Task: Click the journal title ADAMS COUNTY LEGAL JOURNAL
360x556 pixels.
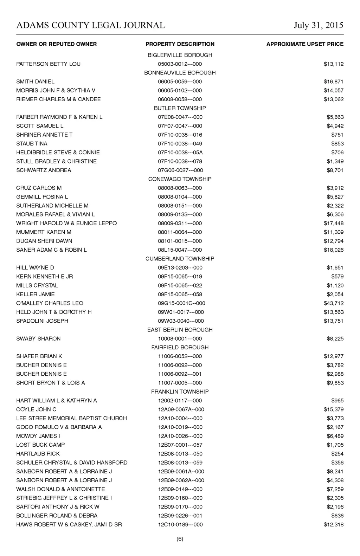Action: point(90,25)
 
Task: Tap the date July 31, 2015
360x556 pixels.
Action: point(319,25)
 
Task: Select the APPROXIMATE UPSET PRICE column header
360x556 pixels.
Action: point(305,44)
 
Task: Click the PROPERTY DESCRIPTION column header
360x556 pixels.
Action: point(180,44)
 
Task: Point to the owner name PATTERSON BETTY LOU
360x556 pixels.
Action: point(48,64)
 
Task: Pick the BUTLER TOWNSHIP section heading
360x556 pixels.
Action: point(180,108)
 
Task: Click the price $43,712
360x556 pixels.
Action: point(334,303)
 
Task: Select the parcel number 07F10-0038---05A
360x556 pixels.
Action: point(180,153)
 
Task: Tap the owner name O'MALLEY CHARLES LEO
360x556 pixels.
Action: point(50,303)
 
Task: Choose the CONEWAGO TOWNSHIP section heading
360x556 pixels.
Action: point(180,179)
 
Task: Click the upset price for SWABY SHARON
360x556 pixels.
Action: point(335,339)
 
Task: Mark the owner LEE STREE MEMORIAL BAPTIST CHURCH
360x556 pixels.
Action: point(71,418)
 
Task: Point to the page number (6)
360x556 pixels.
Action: point(180,539)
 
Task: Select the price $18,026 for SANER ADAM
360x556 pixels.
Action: point(334,250)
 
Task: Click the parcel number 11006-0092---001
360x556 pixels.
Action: point(180,374)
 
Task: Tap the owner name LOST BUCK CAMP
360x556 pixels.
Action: point(40,445)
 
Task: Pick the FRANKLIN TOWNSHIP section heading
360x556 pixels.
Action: point(180,392)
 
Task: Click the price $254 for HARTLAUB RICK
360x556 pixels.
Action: point(337,454)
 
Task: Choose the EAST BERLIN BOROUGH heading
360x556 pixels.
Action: point(180,330)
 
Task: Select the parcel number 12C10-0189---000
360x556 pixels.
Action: point(180,525)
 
